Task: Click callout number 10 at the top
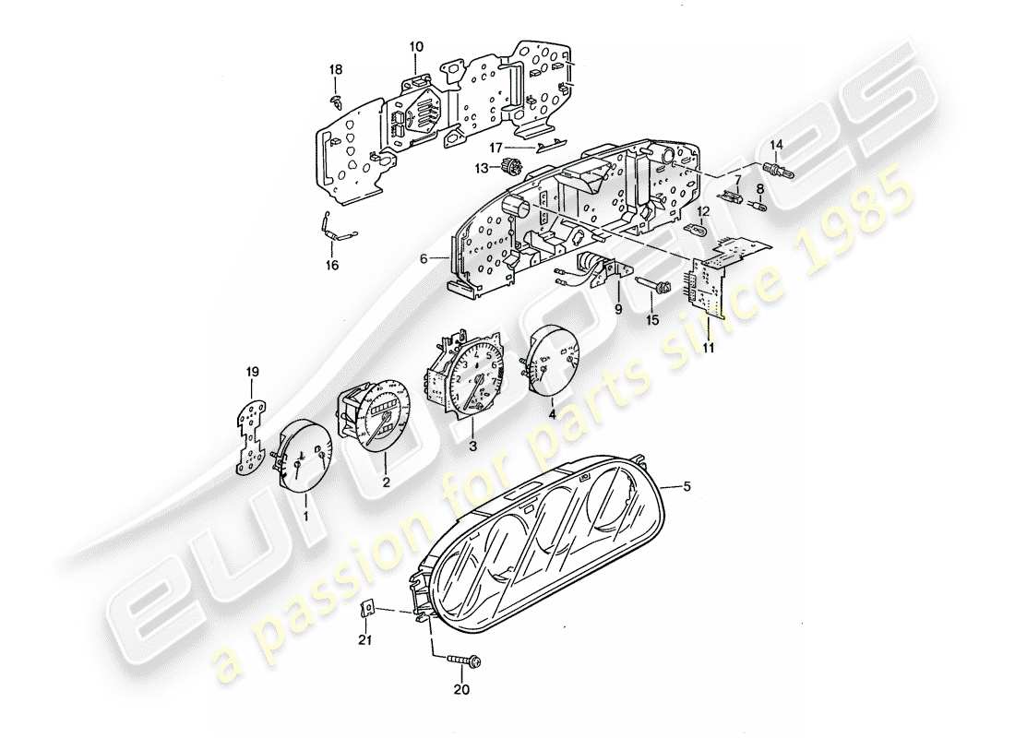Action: pos(415,46)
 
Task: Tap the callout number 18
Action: pos(336,70)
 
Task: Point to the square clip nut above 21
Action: pos(366,608)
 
